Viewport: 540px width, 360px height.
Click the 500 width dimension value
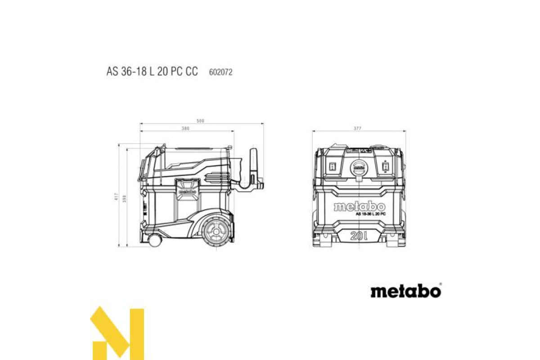tap(201, 121)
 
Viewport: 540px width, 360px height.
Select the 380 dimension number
tap(185, 129)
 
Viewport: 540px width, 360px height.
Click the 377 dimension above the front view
tap(358, 129)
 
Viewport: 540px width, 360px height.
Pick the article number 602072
tap(220, 72)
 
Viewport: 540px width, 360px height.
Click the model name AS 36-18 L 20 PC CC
tap(152, 72)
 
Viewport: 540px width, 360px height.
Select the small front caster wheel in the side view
tap(154, 241)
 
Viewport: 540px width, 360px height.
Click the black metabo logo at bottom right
tap(405, 291)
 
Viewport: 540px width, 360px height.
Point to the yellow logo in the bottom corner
tap(117, 333)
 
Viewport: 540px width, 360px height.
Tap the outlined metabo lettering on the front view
tap(359, 207)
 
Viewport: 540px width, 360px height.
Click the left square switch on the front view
tap(333, 166)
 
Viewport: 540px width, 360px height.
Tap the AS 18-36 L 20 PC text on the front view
tap(370, 215)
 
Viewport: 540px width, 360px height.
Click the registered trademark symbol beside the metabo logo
tap(441, 284)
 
